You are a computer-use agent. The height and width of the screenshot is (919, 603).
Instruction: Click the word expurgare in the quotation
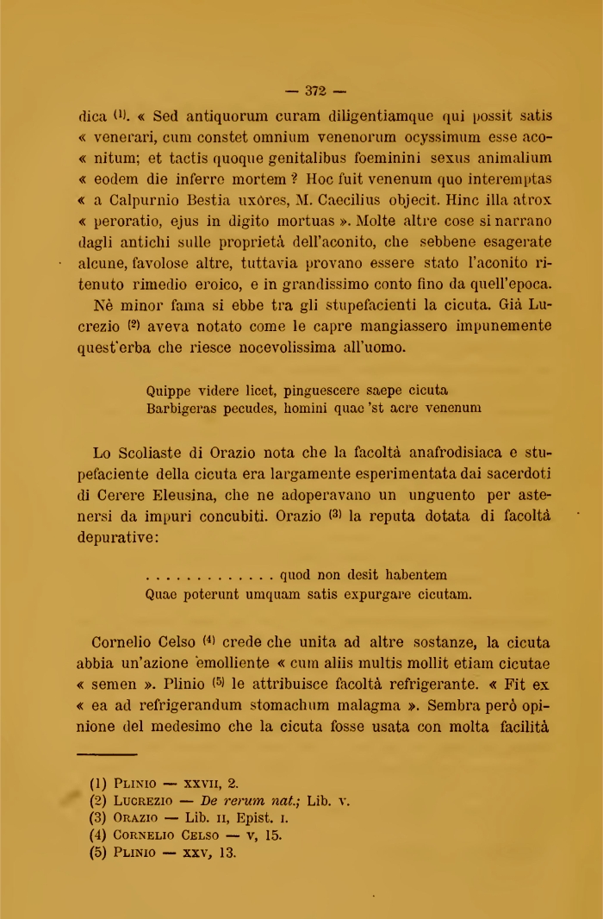(376, 595)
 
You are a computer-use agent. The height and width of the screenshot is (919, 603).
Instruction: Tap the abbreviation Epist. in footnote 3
(244, 818)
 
